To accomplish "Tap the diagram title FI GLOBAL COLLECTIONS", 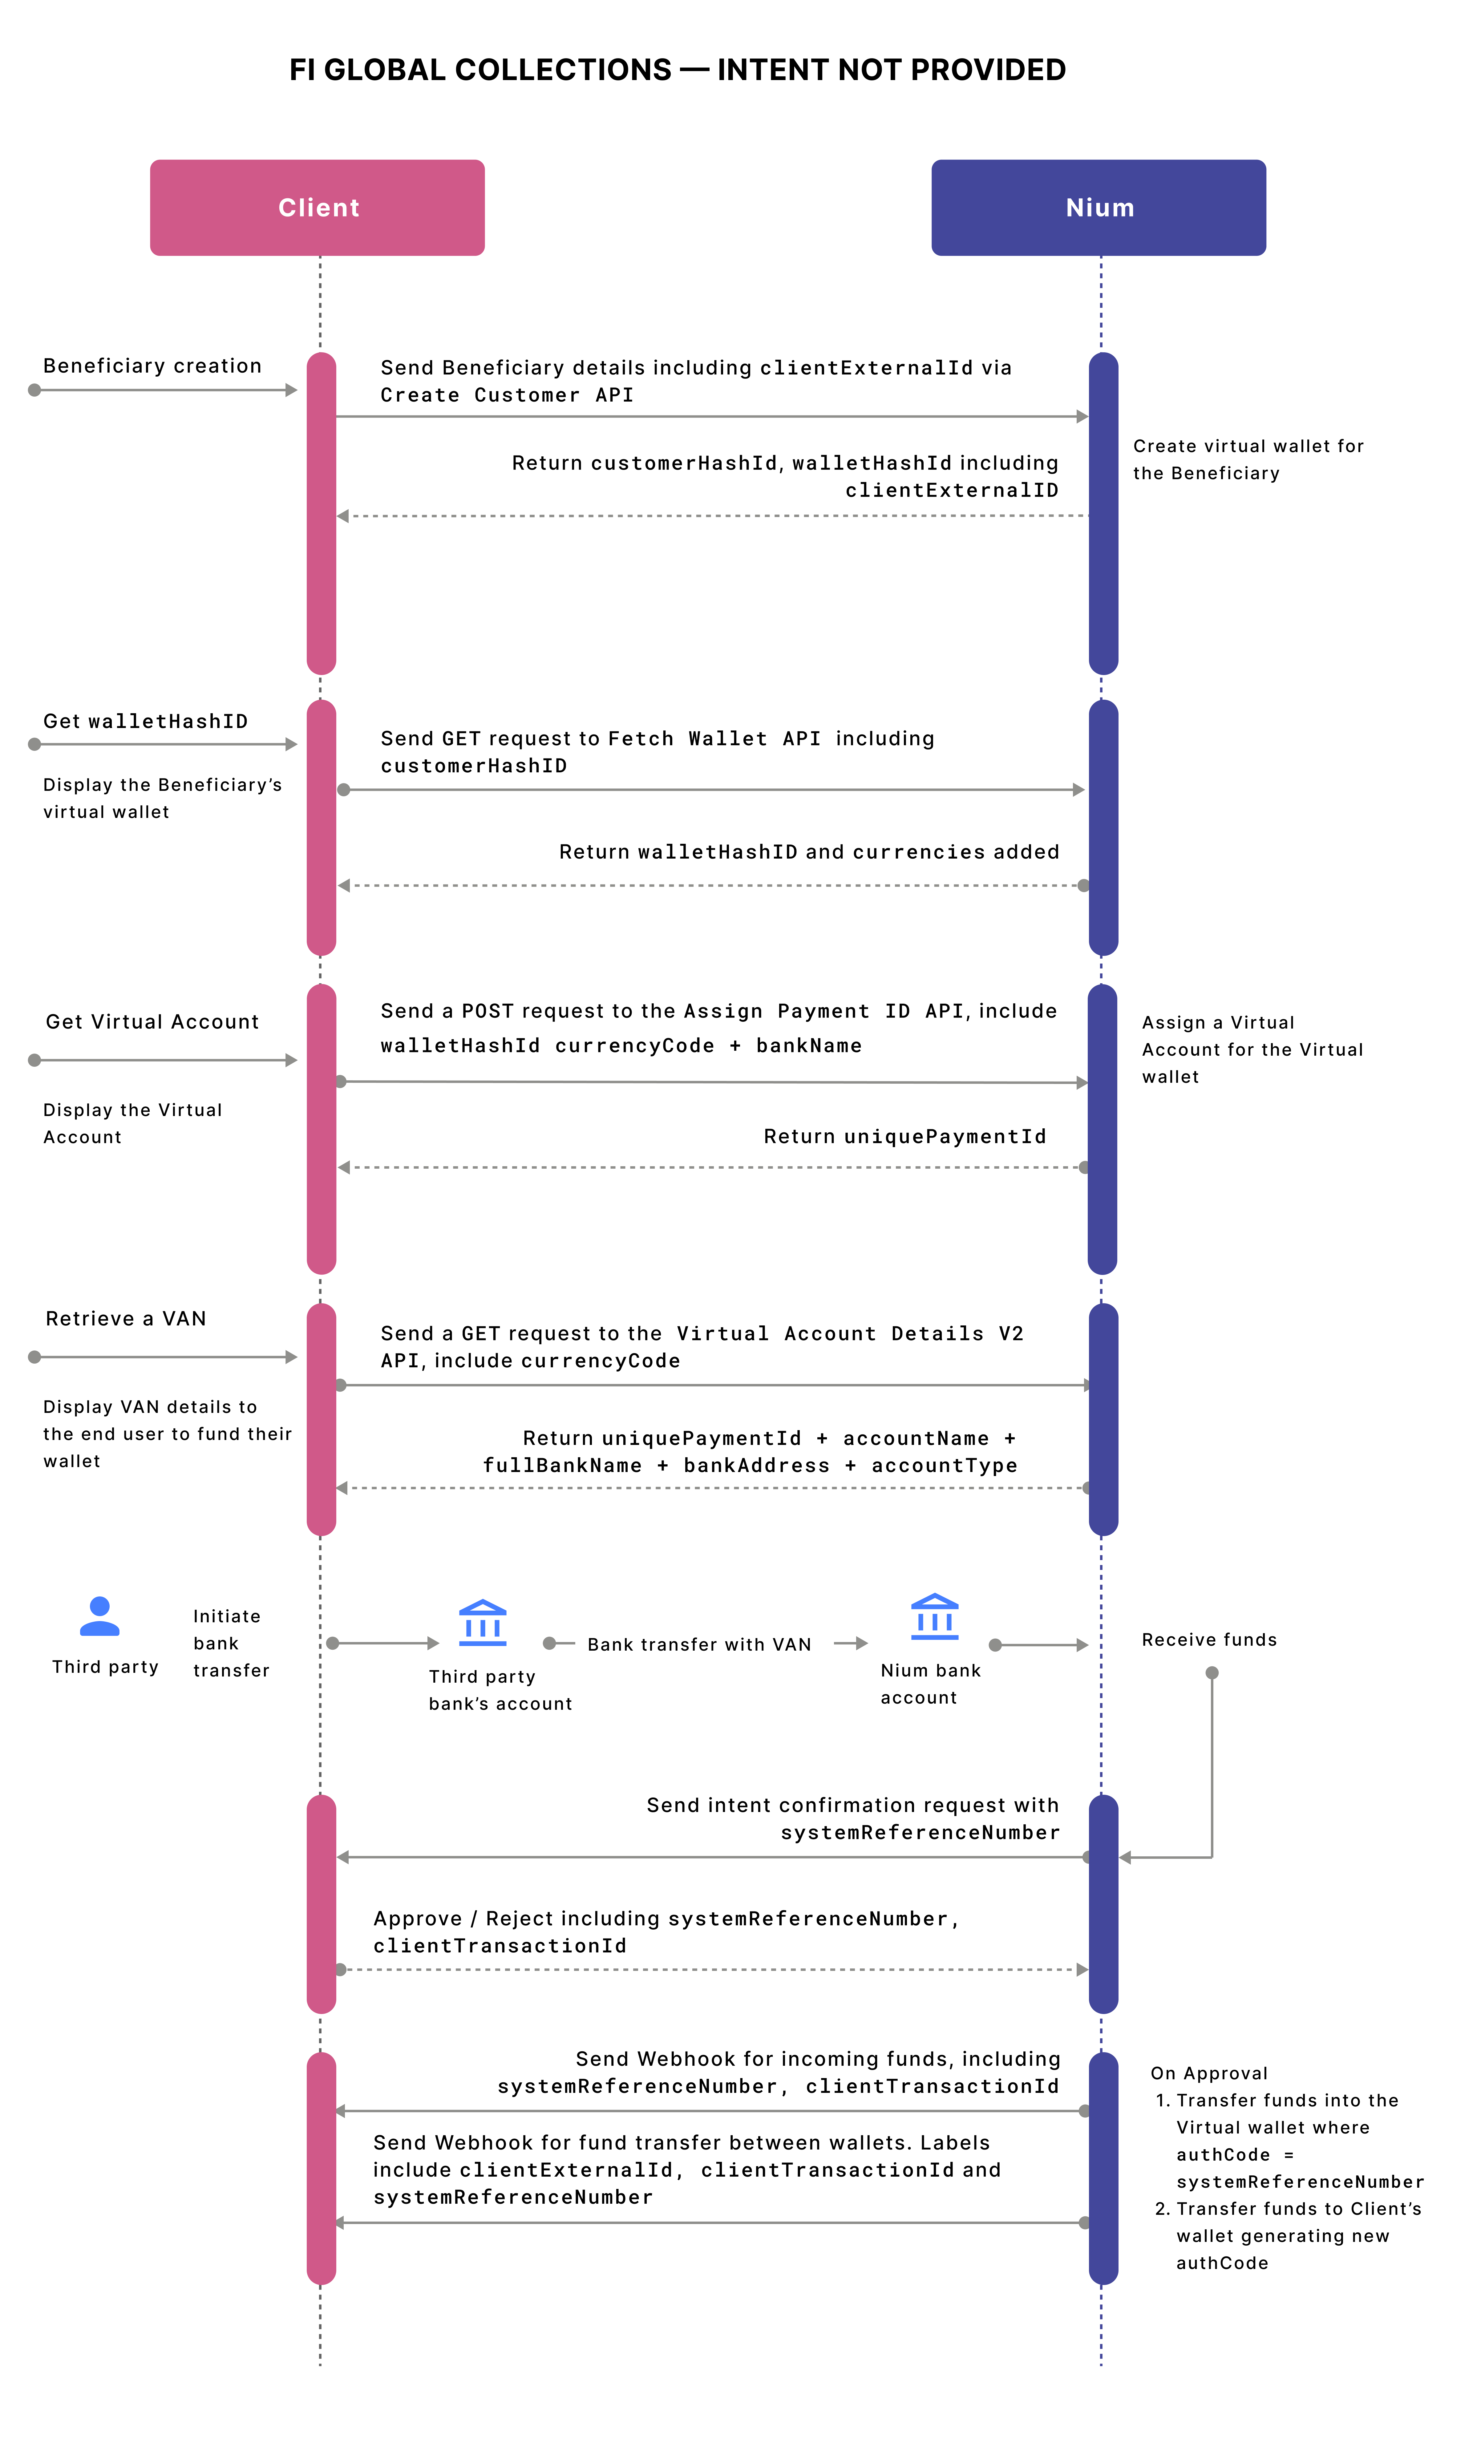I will [x=677, y=70].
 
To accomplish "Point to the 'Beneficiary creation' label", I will [x=152, y=366].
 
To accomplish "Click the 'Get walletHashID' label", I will [x=145, y=722].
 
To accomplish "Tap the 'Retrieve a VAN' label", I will [x=126, y=1319].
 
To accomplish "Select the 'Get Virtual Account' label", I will [x=152, y=1022].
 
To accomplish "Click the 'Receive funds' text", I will [x=1208, y=1640].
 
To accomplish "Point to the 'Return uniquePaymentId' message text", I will [x=905, y=1136].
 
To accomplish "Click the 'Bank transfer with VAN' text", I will [x=699, y=1645].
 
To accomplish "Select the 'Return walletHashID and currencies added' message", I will [x=808, y=852].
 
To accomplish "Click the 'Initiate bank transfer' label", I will [x=230, y=1643].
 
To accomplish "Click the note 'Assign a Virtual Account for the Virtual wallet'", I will [x=1251, y=1050].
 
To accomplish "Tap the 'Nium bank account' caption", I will [x=930, y=1684].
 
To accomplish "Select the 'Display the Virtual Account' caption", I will [x=132, y=1123].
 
